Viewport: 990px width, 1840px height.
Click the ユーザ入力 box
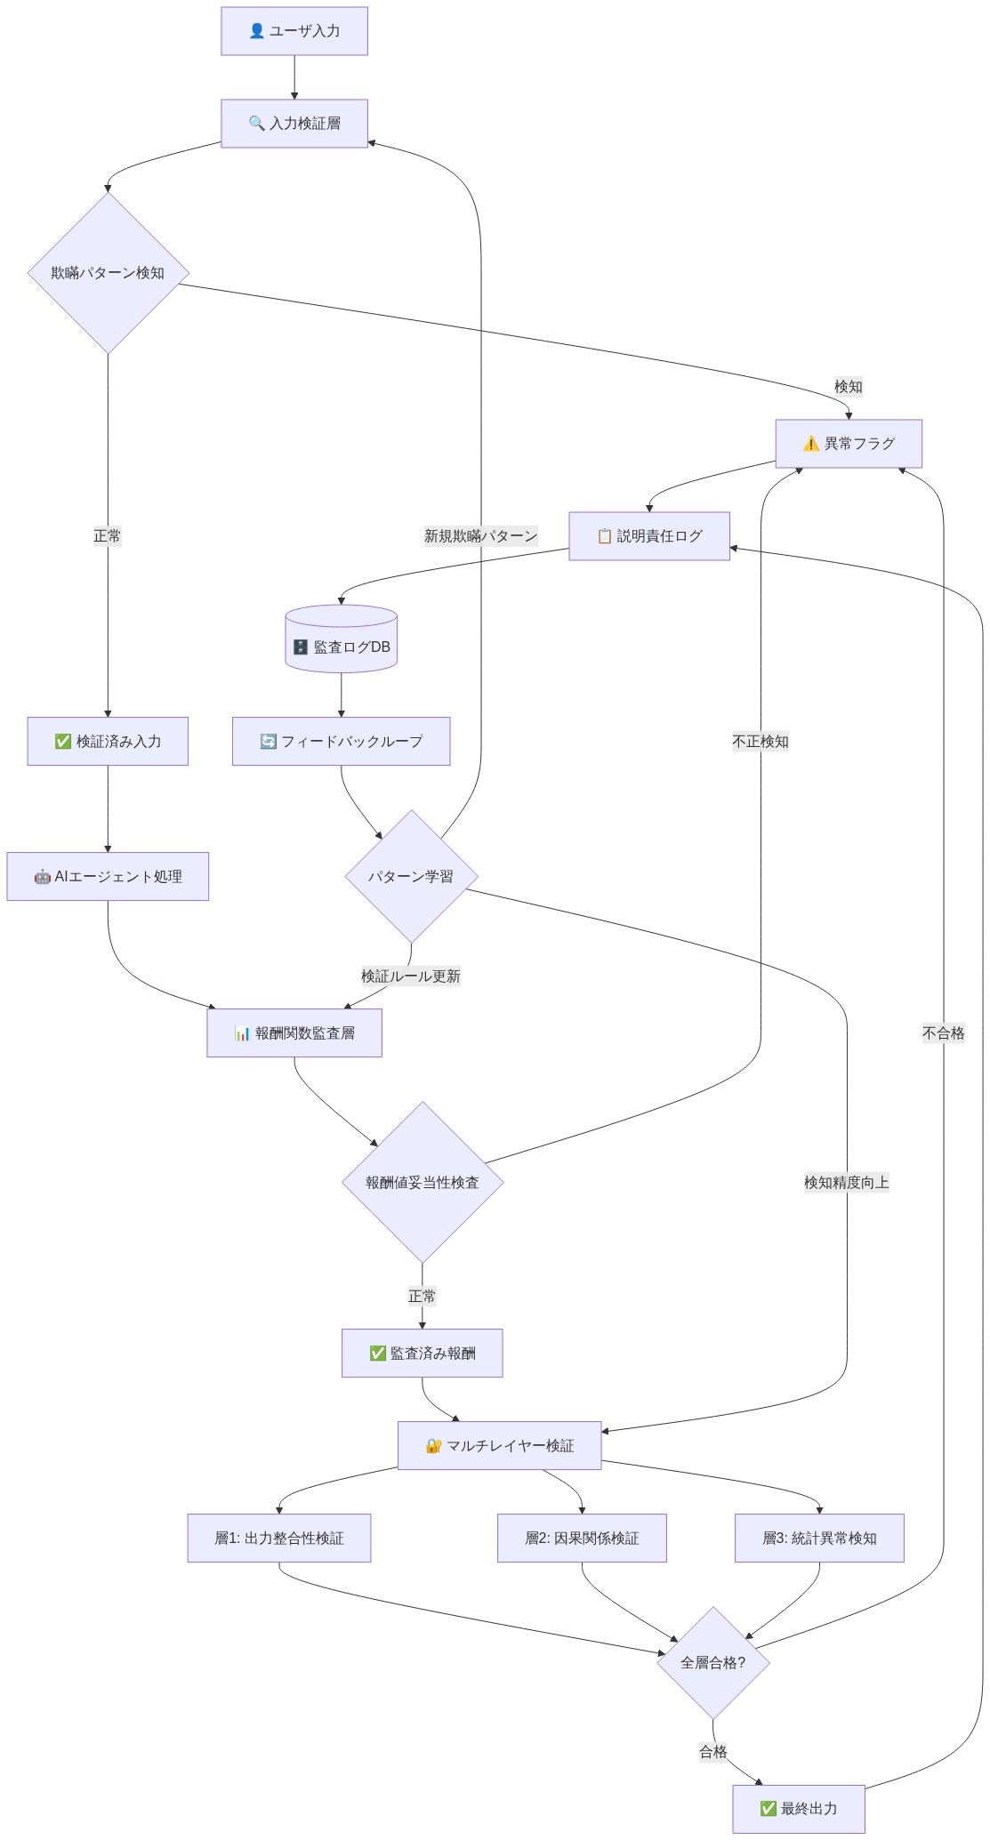pos(294,31)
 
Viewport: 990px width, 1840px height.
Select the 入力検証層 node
pos(294,124)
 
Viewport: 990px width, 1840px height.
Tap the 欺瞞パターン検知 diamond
pos(108,273)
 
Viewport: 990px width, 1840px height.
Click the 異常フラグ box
pos(849,444)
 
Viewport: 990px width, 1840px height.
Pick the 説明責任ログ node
pos(649,536)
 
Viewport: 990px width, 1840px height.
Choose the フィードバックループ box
pos(342,742)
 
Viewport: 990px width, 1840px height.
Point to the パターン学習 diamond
pos(412,877)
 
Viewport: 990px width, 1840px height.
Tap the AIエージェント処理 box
pos(108,877)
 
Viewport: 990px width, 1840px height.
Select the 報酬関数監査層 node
pos(294,1033)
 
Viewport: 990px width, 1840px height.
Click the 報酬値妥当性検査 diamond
pos(423,1183)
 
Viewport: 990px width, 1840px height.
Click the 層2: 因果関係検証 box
pos(582,1539)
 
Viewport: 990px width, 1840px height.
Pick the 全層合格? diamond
pos(713,1663)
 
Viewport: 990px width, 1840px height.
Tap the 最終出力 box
pos(799,1809)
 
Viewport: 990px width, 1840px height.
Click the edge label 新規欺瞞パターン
pos(481,536)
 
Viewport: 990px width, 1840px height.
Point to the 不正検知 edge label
pos(761,742)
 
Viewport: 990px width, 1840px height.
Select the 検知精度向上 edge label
pos(847,1183)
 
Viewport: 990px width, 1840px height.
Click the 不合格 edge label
pos(944,1033)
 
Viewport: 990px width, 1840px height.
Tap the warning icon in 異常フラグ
pos(811,444)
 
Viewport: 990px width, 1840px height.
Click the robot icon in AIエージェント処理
pos(43,877)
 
